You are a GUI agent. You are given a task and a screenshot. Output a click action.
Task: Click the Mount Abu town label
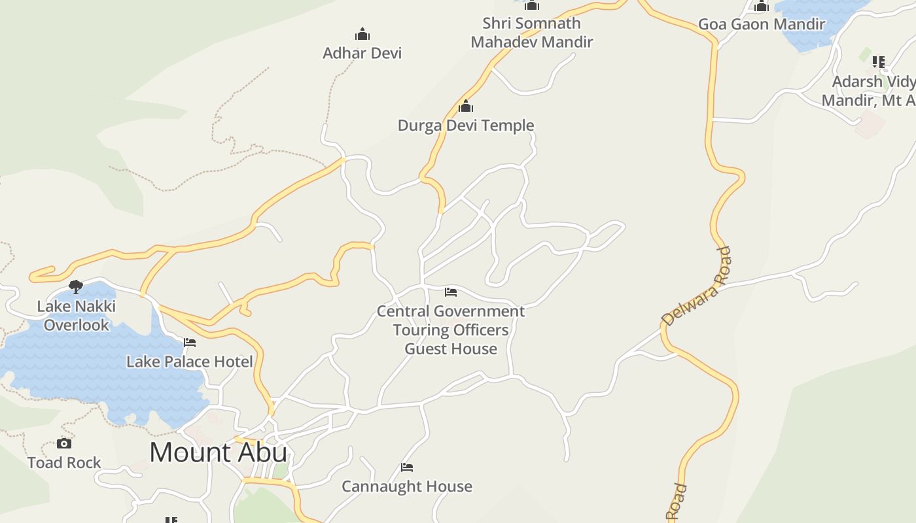(219, 452)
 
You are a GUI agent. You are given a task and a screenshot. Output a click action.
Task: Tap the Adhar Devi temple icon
(362, 34)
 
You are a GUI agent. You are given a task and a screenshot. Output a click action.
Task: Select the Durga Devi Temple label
(466, 125)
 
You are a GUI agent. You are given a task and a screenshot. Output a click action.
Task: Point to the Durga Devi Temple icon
(466, 105)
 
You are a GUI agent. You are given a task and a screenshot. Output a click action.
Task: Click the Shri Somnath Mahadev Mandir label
(531, 33)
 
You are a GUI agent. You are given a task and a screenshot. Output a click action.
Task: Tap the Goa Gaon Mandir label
(762, 24)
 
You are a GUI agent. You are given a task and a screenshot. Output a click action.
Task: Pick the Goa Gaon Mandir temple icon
(762, 7)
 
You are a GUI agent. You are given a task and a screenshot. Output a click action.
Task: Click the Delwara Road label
(696, 286)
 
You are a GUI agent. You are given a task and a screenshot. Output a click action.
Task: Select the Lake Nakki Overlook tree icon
(76, 286)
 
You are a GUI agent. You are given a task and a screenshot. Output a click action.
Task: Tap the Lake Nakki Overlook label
(77, 315)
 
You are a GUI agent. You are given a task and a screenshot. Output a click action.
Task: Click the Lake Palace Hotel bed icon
(190, 342)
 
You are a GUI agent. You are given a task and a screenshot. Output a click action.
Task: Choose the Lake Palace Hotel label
(189, 362)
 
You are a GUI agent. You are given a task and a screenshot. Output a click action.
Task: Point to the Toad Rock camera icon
(64, 443)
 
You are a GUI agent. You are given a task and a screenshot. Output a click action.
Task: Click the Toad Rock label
(64, 462)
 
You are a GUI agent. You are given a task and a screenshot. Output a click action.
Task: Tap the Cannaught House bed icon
(407, 467)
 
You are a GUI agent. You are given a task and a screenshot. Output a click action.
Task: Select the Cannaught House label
(407, 486)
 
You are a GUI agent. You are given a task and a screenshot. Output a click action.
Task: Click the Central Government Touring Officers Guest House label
(451, 329)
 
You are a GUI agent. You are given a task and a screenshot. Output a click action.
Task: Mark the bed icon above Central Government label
(451, 292)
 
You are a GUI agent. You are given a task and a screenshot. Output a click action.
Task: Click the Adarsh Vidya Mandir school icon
(879, 62)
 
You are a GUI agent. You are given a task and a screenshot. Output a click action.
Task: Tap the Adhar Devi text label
(362, 53)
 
